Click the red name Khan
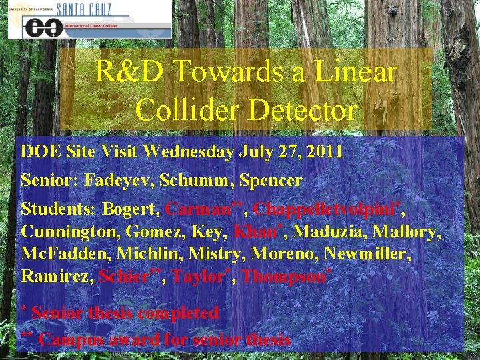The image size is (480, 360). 251,232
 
